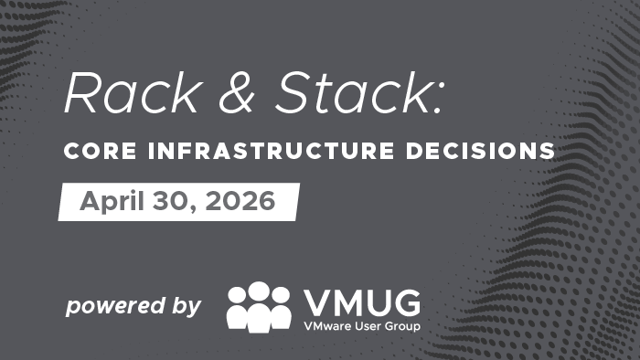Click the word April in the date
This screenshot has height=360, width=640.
pos(111,202)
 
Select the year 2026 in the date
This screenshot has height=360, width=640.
pos(238,201)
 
